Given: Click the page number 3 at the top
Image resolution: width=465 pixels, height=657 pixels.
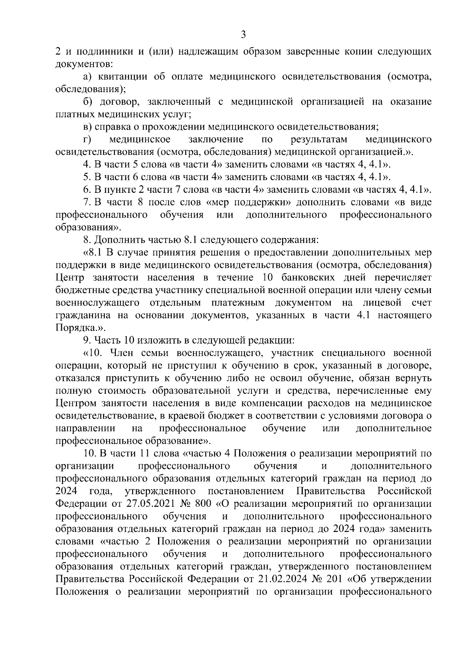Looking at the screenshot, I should [x=243, y=35].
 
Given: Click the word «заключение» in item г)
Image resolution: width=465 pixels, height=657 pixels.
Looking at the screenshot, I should [x=215, y=139].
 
